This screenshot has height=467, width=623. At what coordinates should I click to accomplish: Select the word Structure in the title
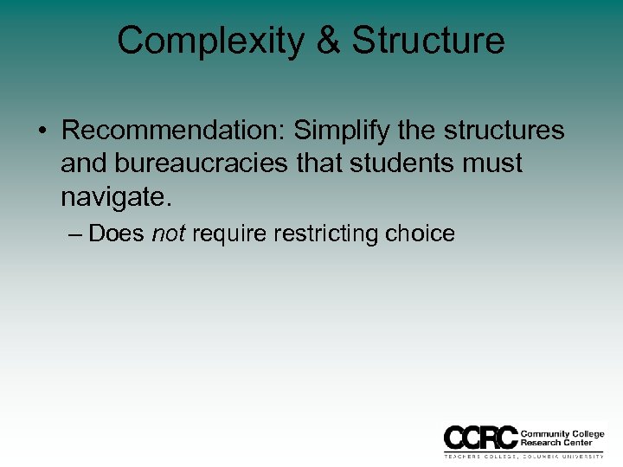[428, 41]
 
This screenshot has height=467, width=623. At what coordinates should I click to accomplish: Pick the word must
[496, 163]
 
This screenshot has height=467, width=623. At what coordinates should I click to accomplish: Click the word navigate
[116, 196]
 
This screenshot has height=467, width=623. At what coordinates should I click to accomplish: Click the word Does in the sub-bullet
[117, 233]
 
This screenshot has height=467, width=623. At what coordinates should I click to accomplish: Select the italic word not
[168, 233]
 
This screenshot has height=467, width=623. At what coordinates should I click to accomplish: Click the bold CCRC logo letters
[480, 437]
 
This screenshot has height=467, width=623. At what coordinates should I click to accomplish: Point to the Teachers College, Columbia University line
[524, 455]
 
